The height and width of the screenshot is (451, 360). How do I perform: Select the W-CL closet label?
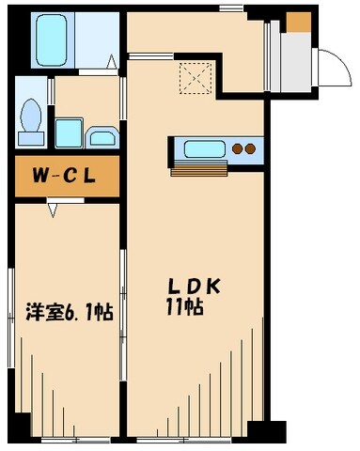pos(64,176)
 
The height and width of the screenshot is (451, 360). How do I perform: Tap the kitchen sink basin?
pos(203,148)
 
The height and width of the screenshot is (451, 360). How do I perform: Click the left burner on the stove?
pos(237,148)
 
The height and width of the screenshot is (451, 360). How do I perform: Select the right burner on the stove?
pos(251,148)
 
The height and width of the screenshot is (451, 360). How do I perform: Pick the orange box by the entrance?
pos(299,23)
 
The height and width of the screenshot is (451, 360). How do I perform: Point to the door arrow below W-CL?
pos(54,210)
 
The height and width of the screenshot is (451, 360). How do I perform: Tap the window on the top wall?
pos(230,8)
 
